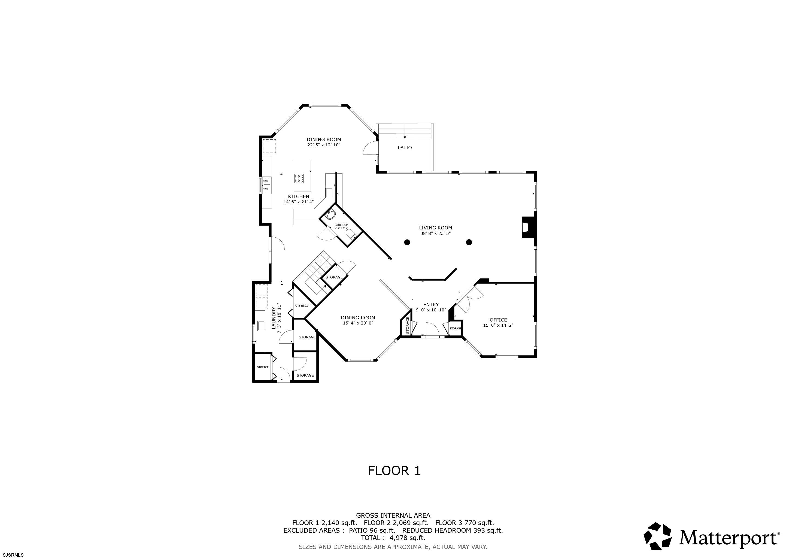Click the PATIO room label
pyautogui.click(x=405, y=148)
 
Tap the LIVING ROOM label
pyautogui.click(x=435, y=228)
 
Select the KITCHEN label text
pyautogui.click(x=298, y=196)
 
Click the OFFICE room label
pyautogui.click(x=498, y=320)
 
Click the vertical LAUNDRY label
pyautogui.click(x=274, y=318)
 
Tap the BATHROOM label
pyautogui.click(x=341, y=225)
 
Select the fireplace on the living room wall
pyautogui.click(x=529, y=227)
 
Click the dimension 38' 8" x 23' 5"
pyautogui.click(x=435, y=233)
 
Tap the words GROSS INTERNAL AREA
pyautogui.click(x=393, y=515)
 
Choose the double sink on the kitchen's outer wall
pyautogui.click(x=267, y=184)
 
